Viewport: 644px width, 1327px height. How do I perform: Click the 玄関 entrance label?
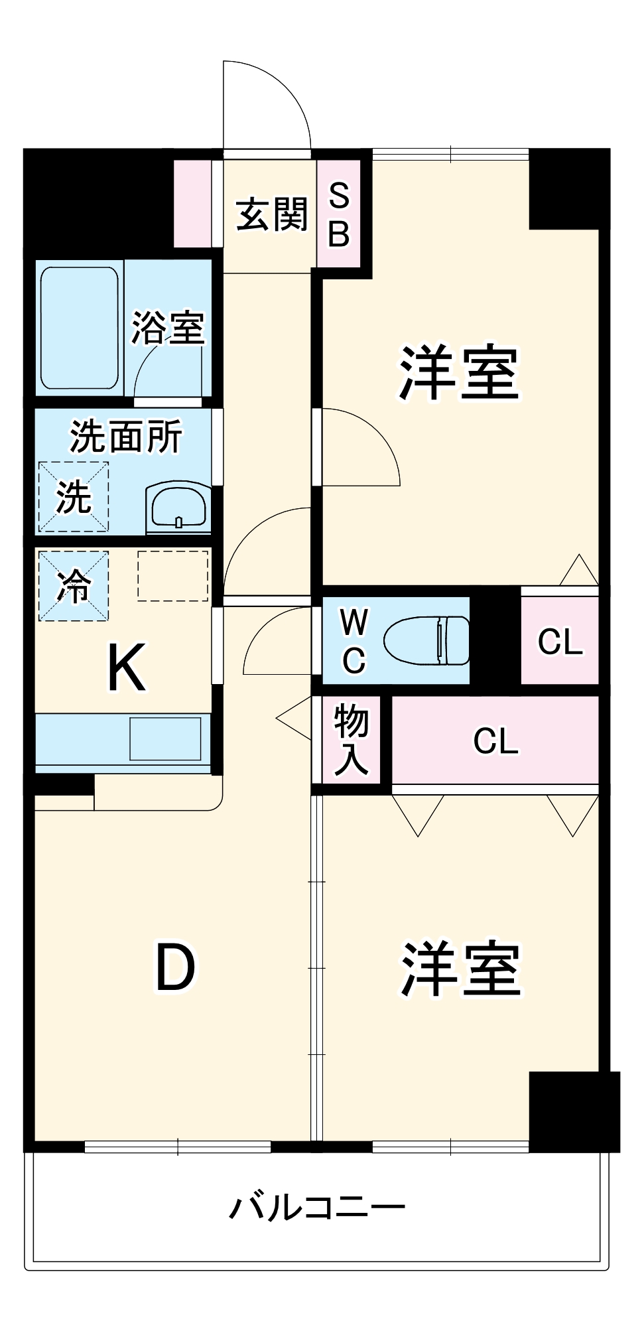272,214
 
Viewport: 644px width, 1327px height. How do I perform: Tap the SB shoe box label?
339,214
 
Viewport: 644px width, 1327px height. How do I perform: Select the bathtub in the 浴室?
80,328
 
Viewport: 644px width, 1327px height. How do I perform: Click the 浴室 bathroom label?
168,326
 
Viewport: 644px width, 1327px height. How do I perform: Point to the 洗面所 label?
126,437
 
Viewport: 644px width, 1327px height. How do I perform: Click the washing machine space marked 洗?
73,496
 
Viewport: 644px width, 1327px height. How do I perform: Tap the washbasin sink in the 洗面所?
178,508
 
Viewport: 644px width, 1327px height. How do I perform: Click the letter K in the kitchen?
126,669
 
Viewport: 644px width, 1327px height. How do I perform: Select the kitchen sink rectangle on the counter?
165,738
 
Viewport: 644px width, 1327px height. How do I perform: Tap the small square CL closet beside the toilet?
560,641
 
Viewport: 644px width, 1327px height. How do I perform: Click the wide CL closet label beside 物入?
495,740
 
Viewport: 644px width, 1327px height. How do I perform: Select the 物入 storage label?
351,740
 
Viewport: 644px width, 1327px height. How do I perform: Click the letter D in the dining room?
175,968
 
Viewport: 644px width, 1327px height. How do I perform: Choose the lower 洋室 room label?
460,968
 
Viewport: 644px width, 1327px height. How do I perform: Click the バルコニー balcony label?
317,1208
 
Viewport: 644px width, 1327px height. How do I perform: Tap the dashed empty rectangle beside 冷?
172,575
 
